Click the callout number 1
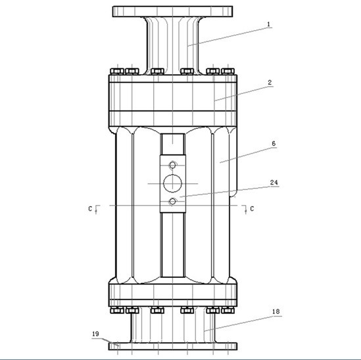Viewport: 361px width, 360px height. pos(268,24)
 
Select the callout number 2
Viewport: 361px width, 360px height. pos(270,83)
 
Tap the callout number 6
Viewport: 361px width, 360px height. pos(274,143)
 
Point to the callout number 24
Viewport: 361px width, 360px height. pos(274,183)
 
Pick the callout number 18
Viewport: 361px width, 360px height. pos(276,311)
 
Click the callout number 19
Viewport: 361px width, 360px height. pos(95,334)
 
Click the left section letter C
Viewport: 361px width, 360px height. pos(90,209)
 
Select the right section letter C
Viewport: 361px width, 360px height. pos(252,209)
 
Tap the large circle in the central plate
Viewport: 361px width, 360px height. pos(172,183)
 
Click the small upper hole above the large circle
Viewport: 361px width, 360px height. pos(172,165)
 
